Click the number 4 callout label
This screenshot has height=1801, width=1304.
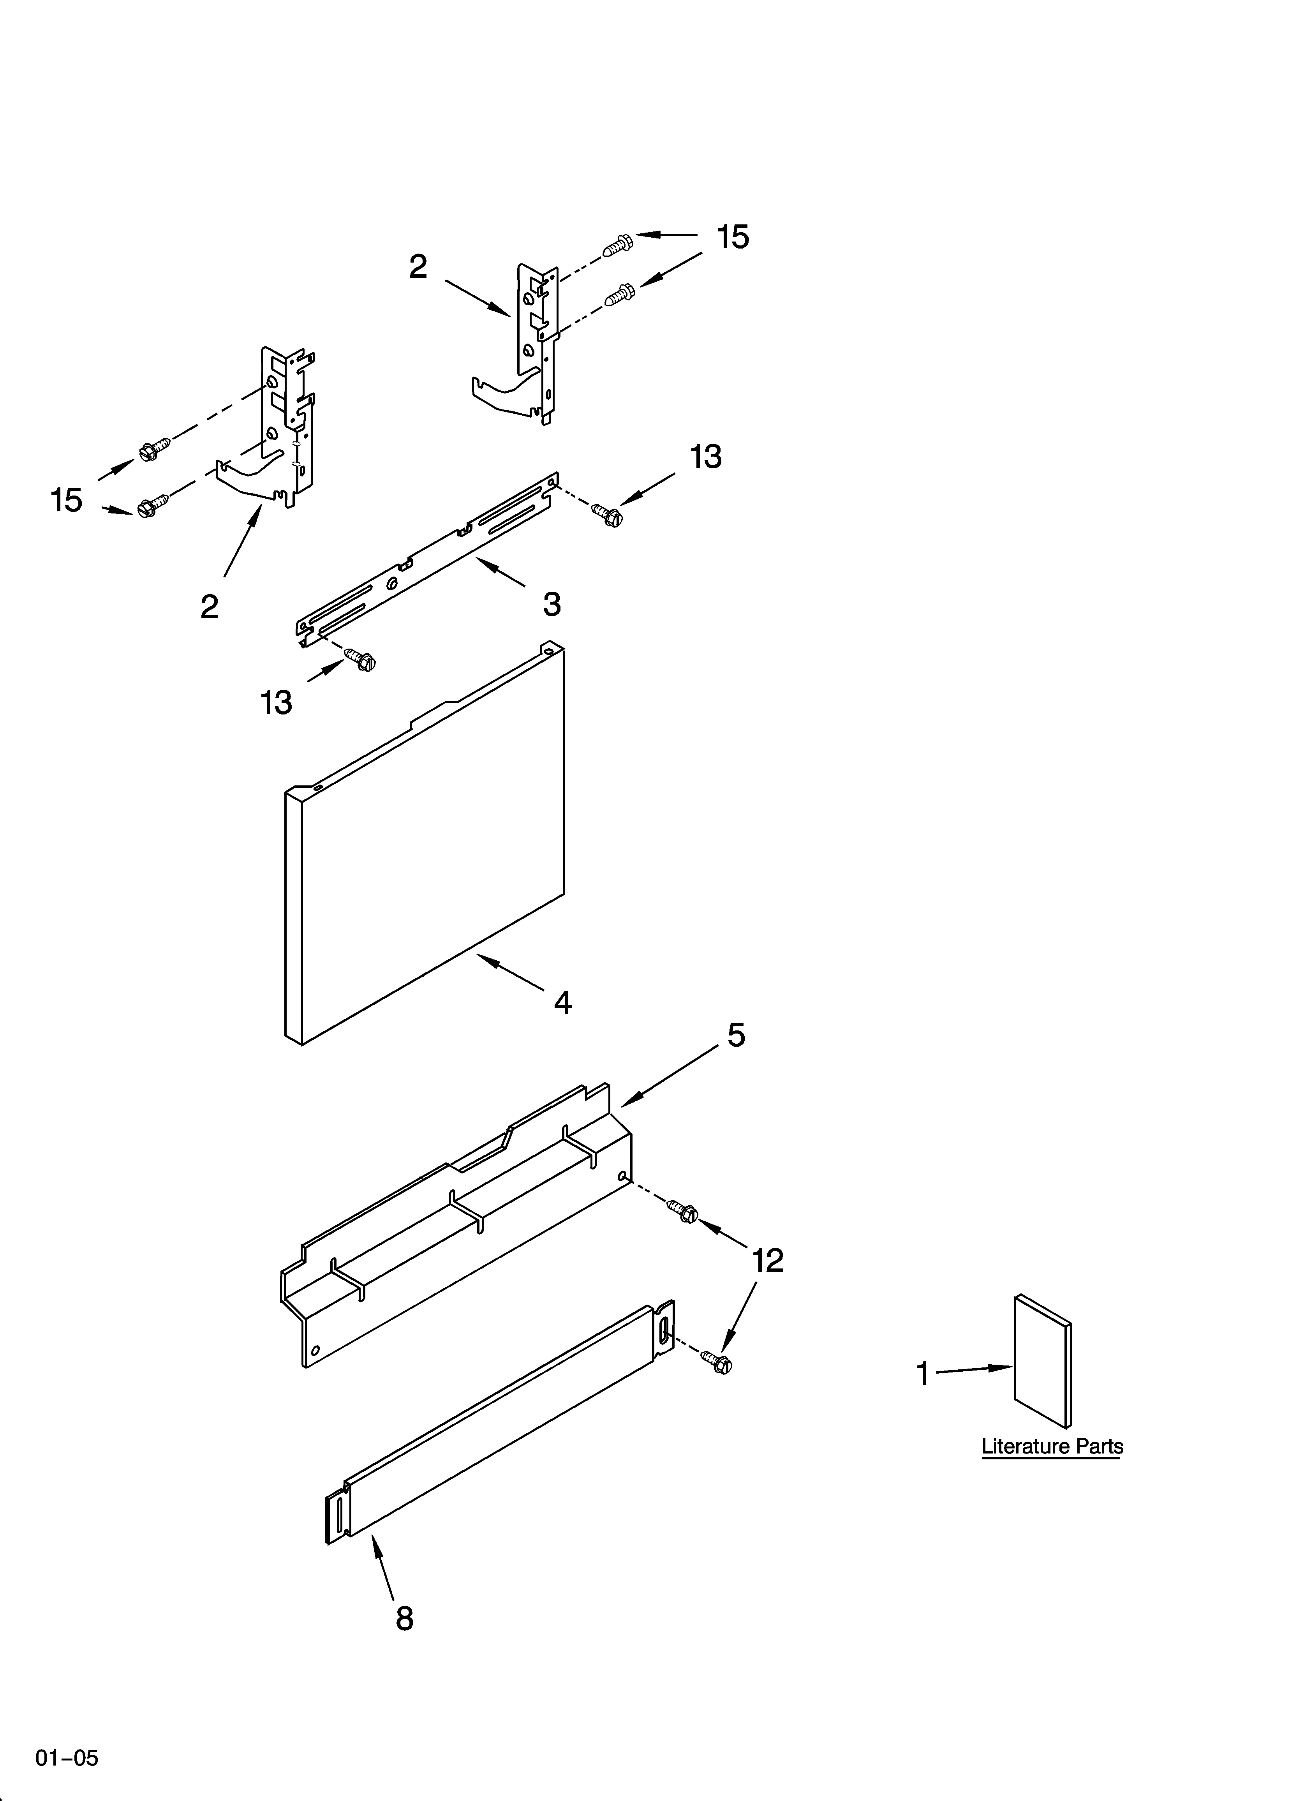click(x=562, y=1003)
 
